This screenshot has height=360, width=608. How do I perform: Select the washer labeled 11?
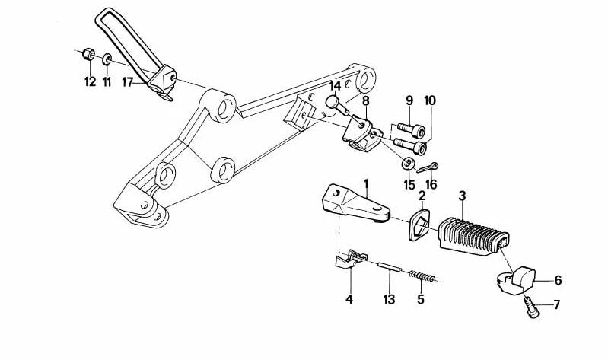point(107,59)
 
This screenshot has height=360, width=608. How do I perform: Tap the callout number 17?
point(127,82)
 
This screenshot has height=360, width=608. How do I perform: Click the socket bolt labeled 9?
point(411,130)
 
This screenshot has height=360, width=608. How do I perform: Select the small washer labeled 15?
point(408,164)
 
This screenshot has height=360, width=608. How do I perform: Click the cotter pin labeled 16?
point(427,168)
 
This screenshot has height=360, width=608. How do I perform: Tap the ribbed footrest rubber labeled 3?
point(474,237)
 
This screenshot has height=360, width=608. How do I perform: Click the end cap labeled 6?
point(516,280)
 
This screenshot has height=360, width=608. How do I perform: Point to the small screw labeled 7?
point(530,308)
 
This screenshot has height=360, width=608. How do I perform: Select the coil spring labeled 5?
point(422,276)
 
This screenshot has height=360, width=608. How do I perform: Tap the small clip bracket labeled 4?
point(351,259)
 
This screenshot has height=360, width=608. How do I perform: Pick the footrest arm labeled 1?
point(355,203)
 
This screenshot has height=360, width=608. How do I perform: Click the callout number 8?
point(366,101)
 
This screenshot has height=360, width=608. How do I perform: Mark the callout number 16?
point(431,185)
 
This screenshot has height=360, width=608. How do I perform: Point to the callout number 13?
point(389,299)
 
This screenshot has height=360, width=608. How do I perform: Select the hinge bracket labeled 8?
point(358,134)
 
